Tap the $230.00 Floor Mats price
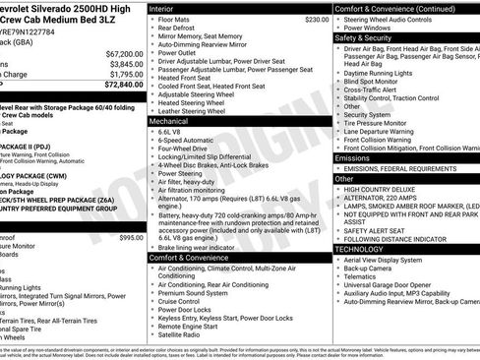click(x=316, y=19)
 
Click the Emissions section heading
click(x=352, y=157)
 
